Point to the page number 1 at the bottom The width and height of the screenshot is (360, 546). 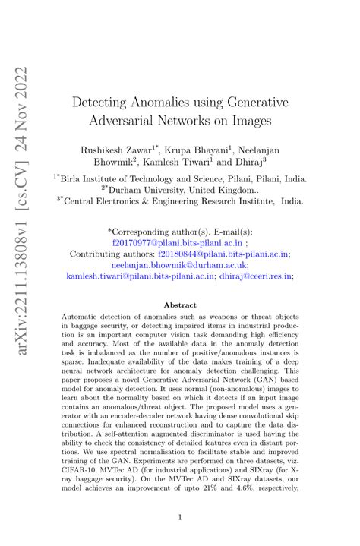coord(180,517)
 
